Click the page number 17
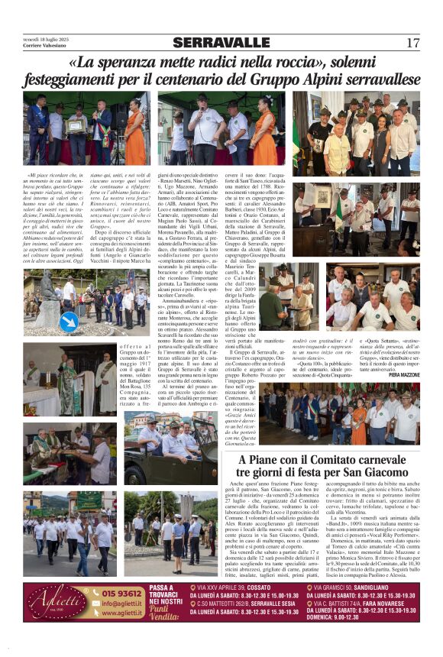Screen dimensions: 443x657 pyautogui.click(x=412, y=43)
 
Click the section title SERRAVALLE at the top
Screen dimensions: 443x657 pyautogui.click(x=221, y=43)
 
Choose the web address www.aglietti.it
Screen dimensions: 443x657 pyautogui.click(x=121, y=612)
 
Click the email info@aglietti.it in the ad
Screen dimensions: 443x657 pyautogui.click(x=121, y=603)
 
